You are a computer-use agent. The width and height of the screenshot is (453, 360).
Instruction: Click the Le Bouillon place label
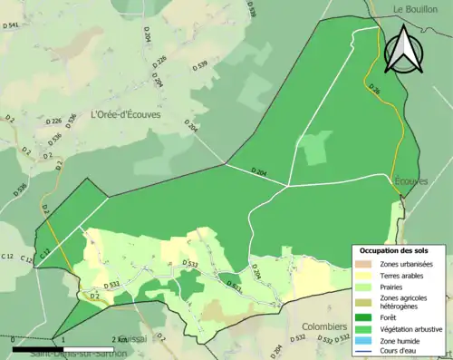(414, 9)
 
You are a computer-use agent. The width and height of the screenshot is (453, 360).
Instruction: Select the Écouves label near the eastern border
(410, 181)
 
